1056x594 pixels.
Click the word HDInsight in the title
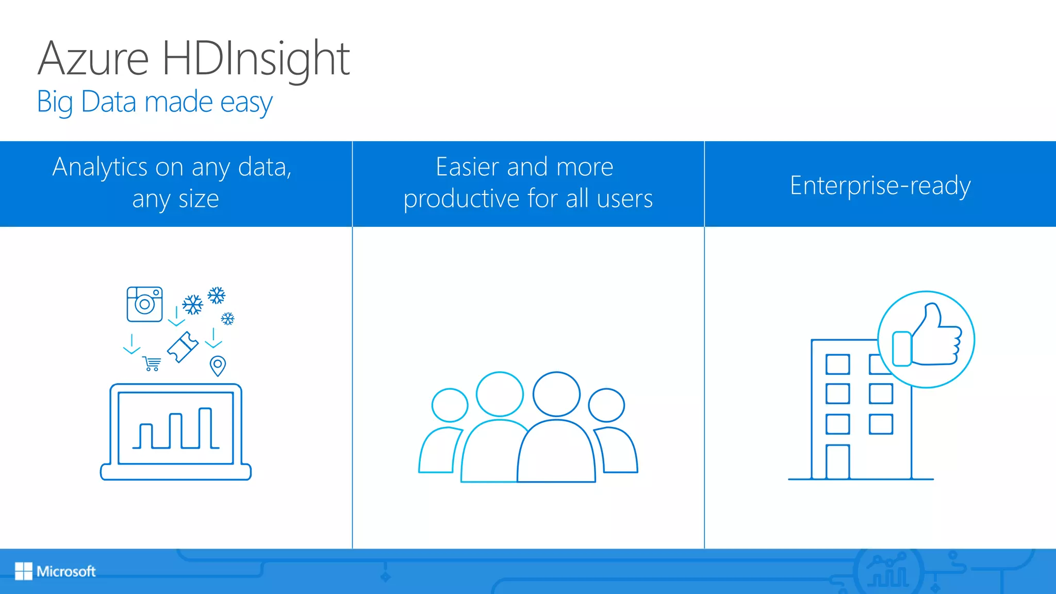coord(256,59)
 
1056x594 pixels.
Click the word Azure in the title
coord(93,59)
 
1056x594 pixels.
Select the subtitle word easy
coord(246,103)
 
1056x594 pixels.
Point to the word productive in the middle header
coord(461,199)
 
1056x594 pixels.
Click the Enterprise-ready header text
coord(880,185)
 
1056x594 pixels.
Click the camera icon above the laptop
coord(145,304)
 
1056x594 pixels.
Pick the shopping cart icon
coord(152,364)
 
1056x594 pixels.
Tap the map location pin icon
coord(218,366)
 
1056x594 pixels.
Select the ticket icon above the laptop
coord(183,347)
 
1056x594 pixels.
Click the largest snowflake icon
coord(193,305)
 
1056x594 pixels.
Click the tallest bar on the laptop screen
coord(205,428)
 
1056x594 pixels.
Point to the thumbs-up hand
coord(934,338)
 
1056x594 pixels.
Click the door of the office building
coord(837,461)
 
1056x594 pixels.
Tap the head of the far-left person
coord(450,405)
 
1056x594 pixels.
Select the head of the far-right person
coord(606,405)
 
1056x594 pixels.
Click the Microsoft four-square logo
coord(23,571)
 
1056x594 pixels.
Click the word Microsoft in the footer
coord(66,571)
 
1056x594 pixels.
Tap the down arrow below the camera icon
coord(131,344)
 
